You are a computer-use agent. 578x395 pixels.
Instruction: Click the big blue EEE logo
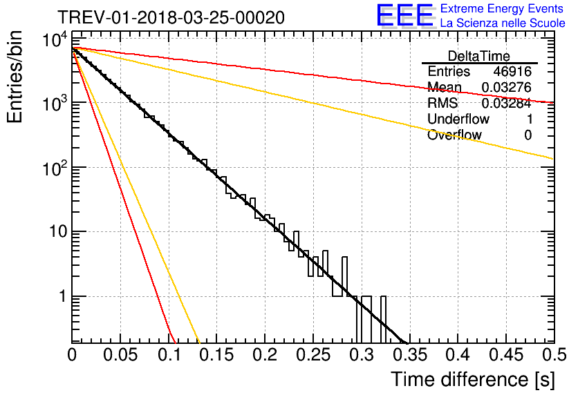(404, 16)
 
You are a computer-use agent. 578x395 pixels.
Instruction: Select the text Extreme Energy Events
(503, 9)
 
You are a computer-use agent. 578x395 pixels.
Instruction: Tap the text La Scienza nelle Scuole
(503, 23)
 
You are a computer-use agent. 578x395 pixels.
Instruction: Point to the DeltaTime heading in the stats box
(479, 55)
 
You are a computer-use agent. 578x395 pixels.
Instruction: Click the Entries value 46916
(512, 71)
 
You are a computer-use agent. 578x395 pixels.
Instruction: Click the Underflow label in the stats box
(458, 119)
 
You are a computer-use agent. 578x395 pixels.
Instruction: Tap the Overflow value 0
(528, 135)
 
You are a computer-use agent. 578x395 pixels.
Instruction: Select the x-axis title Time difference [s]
(472, 379)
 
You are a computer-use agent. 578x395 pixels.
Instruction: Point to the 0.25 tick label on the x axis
(264, 355)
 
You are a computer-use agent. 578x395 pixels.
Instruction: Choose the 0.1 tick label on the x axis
(169, 355)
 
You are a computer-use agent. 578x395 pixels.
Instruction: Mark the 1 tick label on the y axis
(62, 297)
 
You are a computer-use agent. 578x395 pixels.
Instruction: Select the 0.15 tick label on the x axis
(216, 355)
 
